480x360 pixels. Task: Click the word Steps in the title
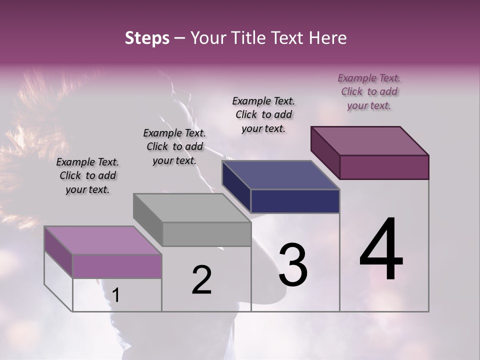(x=147, y=38)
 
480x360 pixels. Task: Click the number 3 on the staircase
(x=292, y=265)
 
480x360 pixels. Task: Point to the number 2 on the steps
(x=201, y=280)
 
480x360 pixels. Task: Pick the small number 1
(x=116, y=295)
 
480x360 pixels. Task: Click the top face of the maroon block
(x=370, y=141)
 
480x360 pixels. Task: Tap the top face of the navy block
(x=281, y=175)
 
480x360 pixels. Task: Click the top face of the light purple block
(x=103, y=240)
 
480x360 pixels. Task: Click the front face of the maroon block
(x=384, y=167)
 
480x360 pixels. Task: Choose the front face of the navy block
(x=295, y=201)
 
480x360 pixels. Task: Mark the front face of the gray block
(x=206, y=234)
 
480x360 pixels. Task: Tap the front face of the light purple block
(x=117, y=266)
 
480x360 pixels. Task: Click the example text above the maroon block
(x=369, y=91)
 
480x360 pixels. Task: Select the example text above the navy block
(x=263, y=114)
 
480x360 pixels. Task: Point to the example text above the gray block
(x=174, y=146)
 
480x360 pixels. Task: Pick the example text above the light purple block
(x=87, y=175)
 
